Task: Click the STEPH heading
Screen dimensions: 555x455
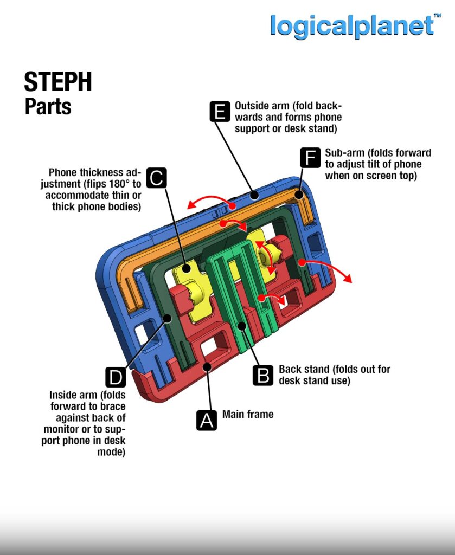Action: click(58, 82)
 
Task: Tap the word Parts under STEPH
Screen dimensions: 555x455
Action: click(48, 106)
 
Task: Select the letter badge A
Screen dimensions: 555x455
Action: click(206, 420)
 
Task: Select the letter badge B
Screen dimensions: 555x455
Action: click(264, 375)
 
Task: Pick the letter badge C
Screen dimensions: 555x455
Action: click(157, 178)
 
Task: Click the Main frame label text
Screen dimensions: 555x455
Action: click(248, 415)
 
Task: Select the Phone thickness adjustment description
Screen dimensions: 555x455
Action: click(95, 189)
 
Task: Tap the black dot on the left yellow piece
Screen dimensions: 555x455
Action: click(186, 267)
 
